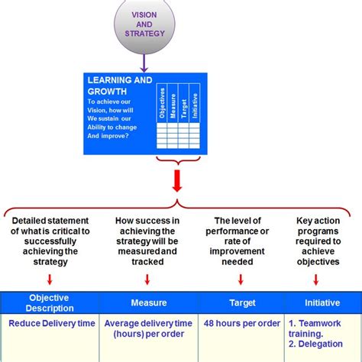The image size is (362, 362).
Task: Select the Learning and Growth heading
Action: pos(120,86)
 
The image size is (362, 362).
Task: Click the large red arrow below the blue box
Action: pos(177,183)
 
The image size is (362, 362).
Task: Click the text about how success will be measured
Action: pos(147,241)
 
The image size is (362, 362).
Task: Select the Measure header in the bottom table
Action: pos(147,303)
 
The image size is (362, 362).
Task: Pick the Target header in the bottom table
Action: pos(241,303)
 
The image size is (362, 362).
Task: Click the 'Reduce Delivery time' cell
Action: pos(52,323)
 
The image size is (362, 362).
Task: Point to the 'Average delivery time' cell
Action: pos(147,328)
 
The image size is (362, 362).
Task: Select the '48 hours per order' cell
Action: pos(241,323)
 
